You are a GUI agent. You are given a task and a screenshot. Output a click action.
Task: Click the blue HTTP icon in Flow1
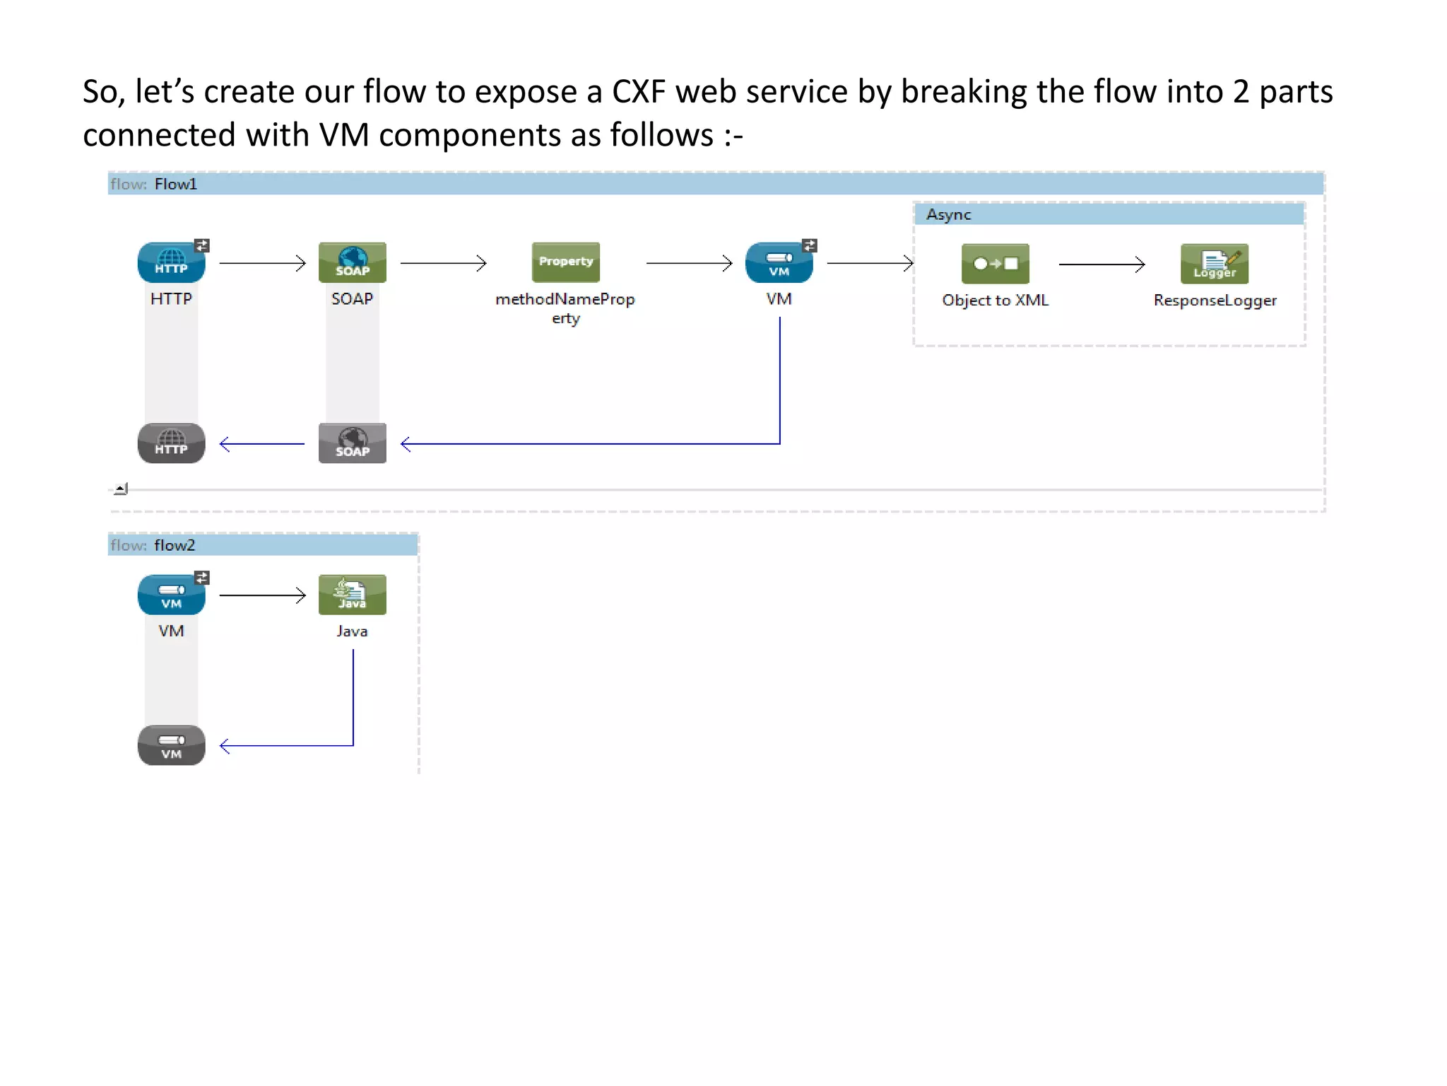pos(171,262)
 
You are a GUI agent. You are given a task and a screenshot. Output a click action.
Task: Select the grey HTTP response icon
pos(171,443)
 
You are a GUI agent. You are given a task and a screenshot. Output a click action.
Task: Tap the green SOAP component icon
pos(352,262)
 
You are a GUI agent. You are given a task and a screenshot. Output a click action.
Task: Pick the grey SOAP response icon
pos(352,443)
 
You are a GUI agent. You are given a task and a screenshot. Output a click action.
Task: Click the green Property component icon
pos(565,262)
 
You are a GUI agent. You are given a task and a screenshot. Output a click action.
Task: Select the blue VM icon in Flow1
pos(779,262)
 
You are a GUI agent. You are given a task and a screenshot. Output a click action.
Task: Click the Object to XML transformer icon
pos(995,264)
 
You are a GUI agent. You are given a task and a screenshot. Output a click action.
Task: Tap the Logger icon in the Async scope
pos(1214,264)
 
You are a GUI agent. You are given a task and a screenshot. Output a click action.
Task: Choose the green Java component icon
pos(352,595)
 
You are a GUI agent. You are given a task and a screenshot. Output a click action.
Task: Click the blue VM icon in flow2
pos(171,595)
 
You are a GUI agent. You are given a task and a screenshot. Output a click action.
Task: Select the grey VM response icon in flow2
pos(171,745)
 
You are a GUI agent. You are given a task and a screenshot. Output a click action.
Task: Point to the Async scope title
pos(948,214)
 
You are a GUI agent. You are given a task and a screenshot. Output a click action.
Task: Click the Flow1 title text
pos(175,184)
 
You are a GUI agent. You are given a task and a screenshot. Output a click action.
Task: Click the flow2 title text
pos(174,545)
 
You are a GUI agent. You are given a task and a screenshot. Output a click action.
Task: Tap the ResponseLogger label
pos(1215,300)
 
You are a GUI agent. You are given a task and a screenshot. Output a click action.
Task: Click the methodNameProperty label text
pos(565,300)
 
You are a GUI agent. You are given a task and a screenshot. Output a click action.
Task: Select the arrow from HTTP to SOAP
pos(262,263)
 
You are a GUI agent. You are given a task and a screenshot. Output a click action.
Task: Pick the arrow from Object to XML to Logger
pos(1101,264)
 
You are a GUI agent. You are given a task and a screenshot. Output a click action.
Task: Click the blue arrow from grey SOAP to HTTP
pos(262,444)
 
